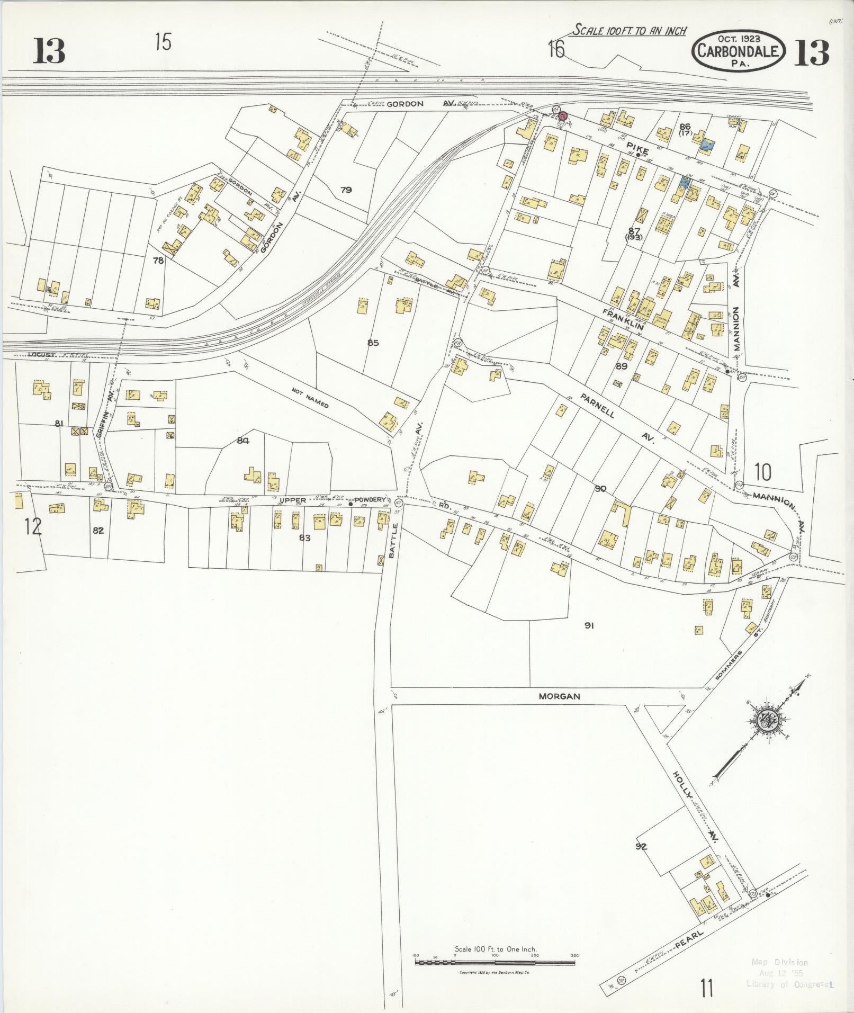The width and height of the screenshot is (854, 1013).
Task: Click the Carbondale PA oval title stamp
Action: click(x=738, y=50)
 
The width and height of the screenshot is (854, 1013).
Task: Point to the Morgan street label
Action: click(x=559, y=696)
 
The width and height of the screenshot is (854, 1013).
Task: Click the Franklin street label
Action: click(x=623, y=319)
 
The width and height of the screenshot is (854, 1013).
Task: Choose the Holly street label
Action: click(x=682, y=785)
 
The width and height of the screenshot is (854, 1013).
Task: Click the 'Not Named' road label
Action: click(x=310, y=398)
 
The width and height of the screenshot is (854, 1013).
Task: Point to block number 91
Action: click(x=589, y=625)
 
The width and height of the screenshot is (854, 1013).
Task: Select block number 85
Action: click(x=373, y=343)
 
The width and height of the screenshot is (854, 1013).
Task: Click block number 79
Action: click(x=346, y=190)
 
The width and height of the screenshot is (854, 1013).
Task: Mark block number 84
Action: click(x=243, y=440)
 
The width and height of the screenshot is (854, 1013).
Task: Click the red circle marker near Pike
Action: click(x=563, y=115)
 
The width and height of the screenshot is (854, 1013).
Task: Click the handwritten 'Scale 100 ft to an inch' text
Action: click(x=630, y=30)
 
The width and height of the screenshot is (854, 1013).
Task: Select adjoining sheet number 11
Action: click(x=706, y=988)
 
